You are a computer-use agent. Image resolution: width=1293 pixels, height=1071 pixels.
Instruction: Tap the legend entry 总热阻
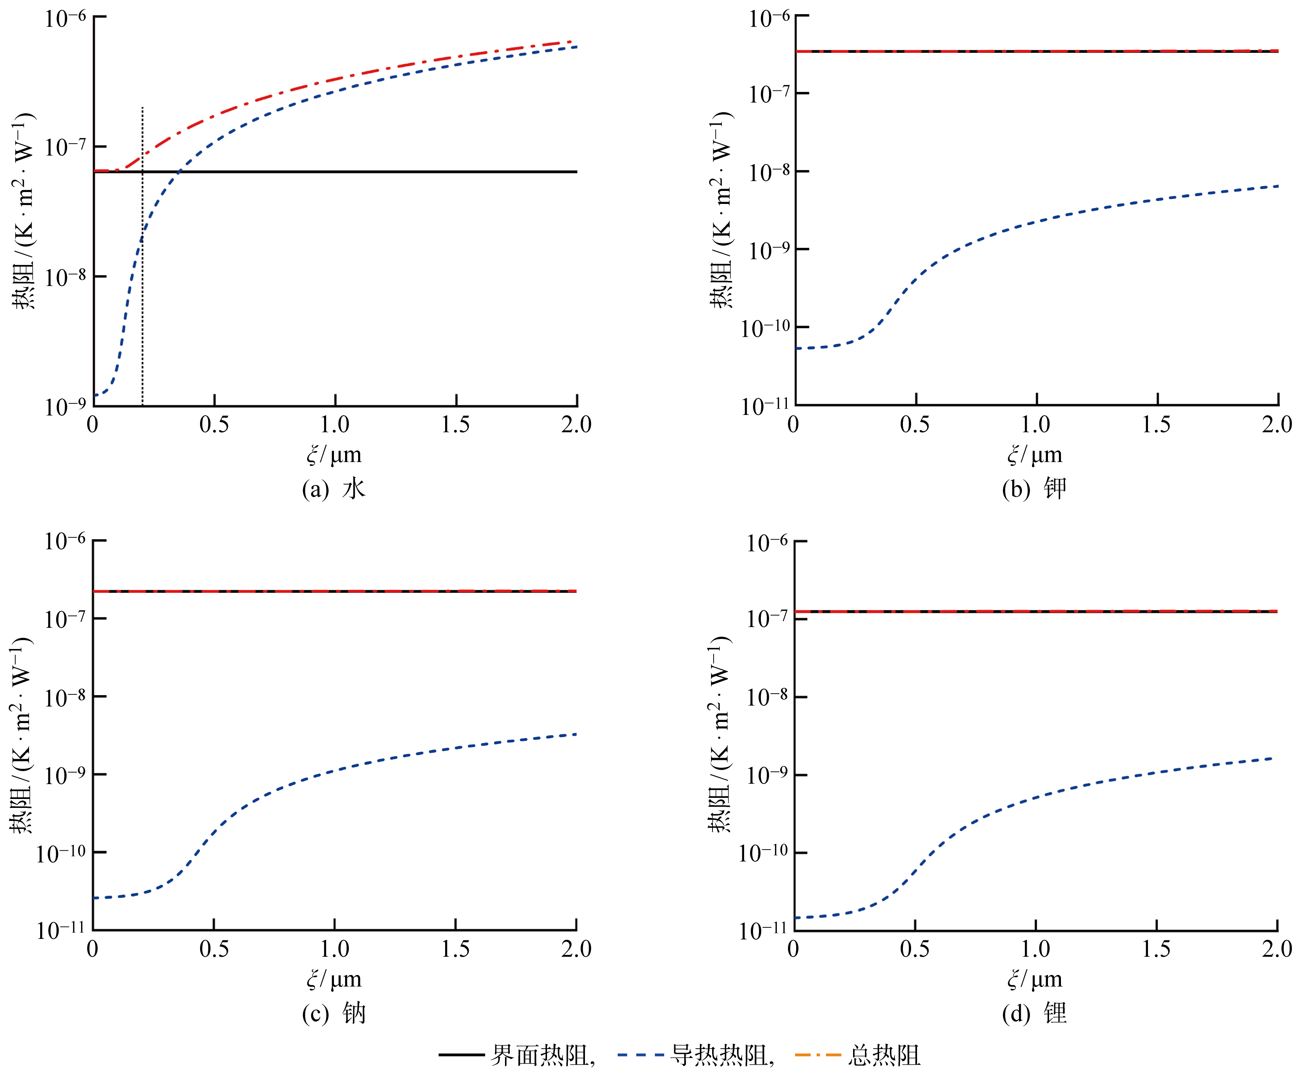(x=884, y=1055)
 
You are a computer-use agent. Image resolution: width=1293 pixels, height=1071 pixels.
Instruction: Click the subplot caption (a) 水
(x=334, y=489)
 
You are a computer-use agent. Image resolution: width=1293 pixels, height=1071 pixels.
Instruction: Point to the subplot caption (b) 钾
(x=1034, y=489)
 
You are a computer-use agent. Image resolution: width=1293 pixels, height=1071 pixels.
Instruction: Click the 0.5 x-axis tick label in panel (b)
(x=914, y=425)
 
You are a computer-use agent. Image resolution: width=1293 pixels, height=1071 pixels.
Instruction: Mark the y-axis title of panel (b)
(x=720, y=210)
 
